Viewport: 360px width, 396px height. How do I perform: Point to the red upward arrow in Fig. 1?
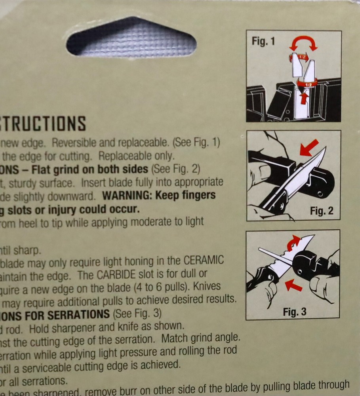click(304, 96)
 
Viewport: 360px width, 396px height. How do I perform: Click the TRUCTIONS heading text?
click(43, 124)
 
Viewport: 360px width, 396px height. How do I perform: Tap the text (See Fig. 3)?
click(137, 314)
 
